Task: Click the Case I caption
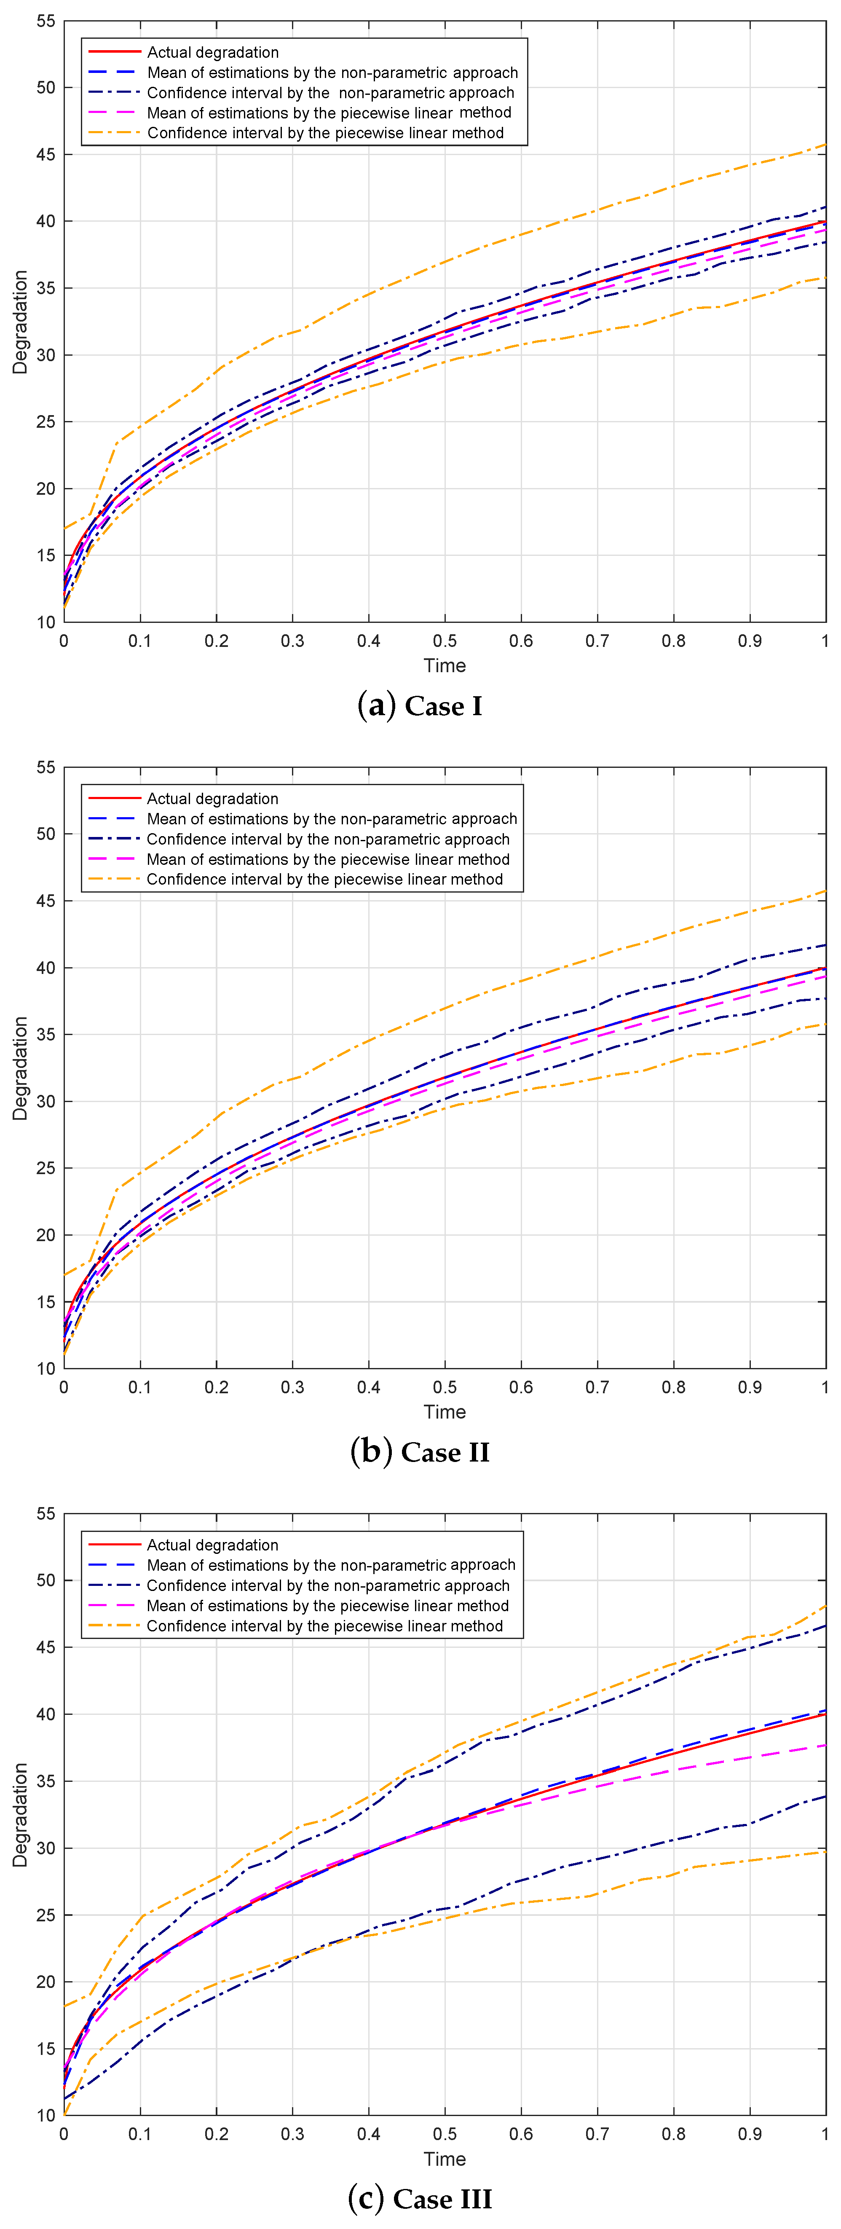tap(420, 706)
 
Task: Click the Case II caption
tap(420, 1452)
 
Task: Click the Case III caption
tap(420, 2198)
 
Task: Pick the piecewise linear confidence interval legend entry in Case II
tap(324, 879)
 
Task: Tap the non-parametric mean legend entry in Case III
tap(330, 1565)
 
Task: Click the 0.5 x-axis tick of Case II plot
tap(445, 1387)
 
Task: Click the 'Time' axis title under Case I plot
tap(445, 665)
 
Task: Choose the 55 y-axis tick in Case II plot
tap(45, 767)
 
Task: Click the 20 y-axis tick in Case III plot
tap(45, 1982)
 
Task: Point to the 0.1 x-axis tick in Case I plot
tap(140, 641)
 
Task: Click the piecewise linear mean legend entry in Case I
tap(329, 113)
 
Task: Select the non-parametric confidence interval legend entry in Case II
tap(328, 840)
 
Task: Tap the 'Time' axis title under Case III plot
tap(445, 2159)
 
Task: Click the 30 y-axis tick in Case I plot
tap(45, 355)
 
